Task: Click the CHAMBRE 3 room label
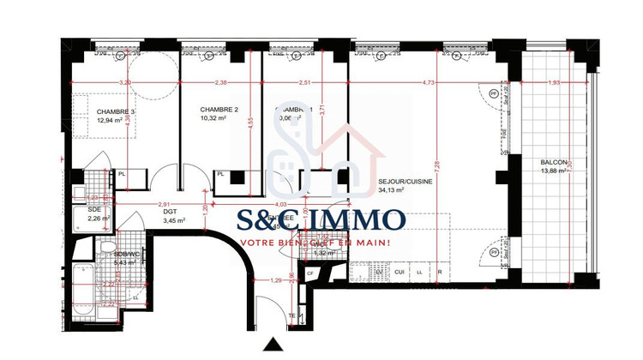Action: coord(116,111)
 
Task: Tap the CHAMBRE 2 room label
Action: coord(219,110)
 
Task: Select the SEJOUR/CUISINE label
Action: coord(406,182)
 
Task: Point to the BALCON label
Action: coord(553,163)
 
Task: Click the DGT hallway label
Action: coord(170,212)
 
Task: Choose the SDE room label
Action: coord(94,208)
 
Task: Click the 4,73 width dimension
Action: coord(429,83)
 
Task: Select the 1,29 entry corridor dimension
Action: coord(276,280)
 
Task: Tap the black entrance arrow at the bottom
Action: coord(273,346)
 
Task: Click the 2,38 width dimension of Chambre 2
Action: coord(220,83)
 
